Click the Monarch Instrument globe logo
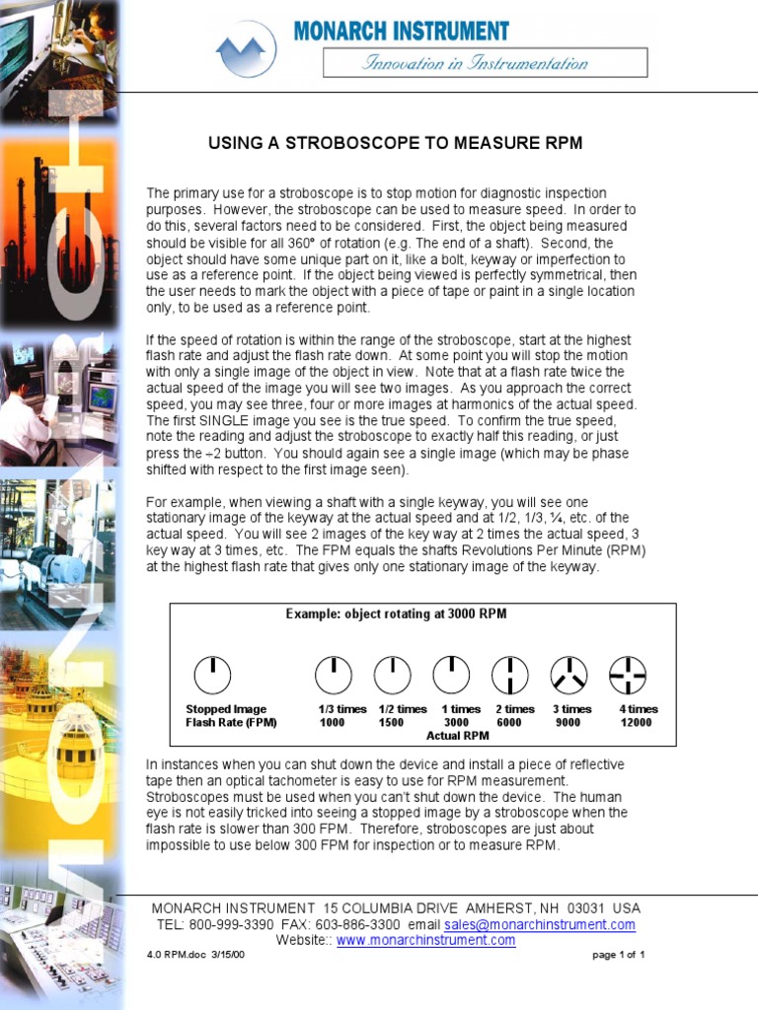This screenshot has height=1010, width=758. [246, 48]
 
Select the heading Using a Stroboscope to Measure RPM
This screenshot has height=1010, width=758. [395, 143]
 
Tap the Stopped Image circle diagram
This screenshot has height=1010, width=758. [213, 675]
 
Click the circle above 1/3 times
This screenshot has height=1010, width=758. [334, 675]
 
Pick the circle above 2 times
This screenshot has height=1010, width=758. [510, 675]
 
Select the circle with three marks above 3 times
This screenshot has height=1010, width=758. [568, 675]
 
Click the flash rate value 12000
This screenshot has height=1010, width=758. [636, 723]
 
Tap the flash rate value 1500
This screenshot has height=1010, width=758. [392, 723]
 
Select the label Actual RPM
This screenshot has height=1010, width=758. [458, 736]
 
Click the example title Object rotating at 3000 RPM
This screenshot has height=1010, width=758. [396, 613]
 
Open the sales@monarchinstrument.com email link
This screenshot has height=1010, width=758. [539, 925]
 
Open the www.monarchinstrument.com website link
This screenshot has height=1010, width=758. [425, 941]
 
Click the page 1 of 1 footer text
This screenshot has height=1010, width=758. [619, 956]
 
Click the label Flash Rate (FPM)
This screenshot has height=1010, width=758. [231, 723]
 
